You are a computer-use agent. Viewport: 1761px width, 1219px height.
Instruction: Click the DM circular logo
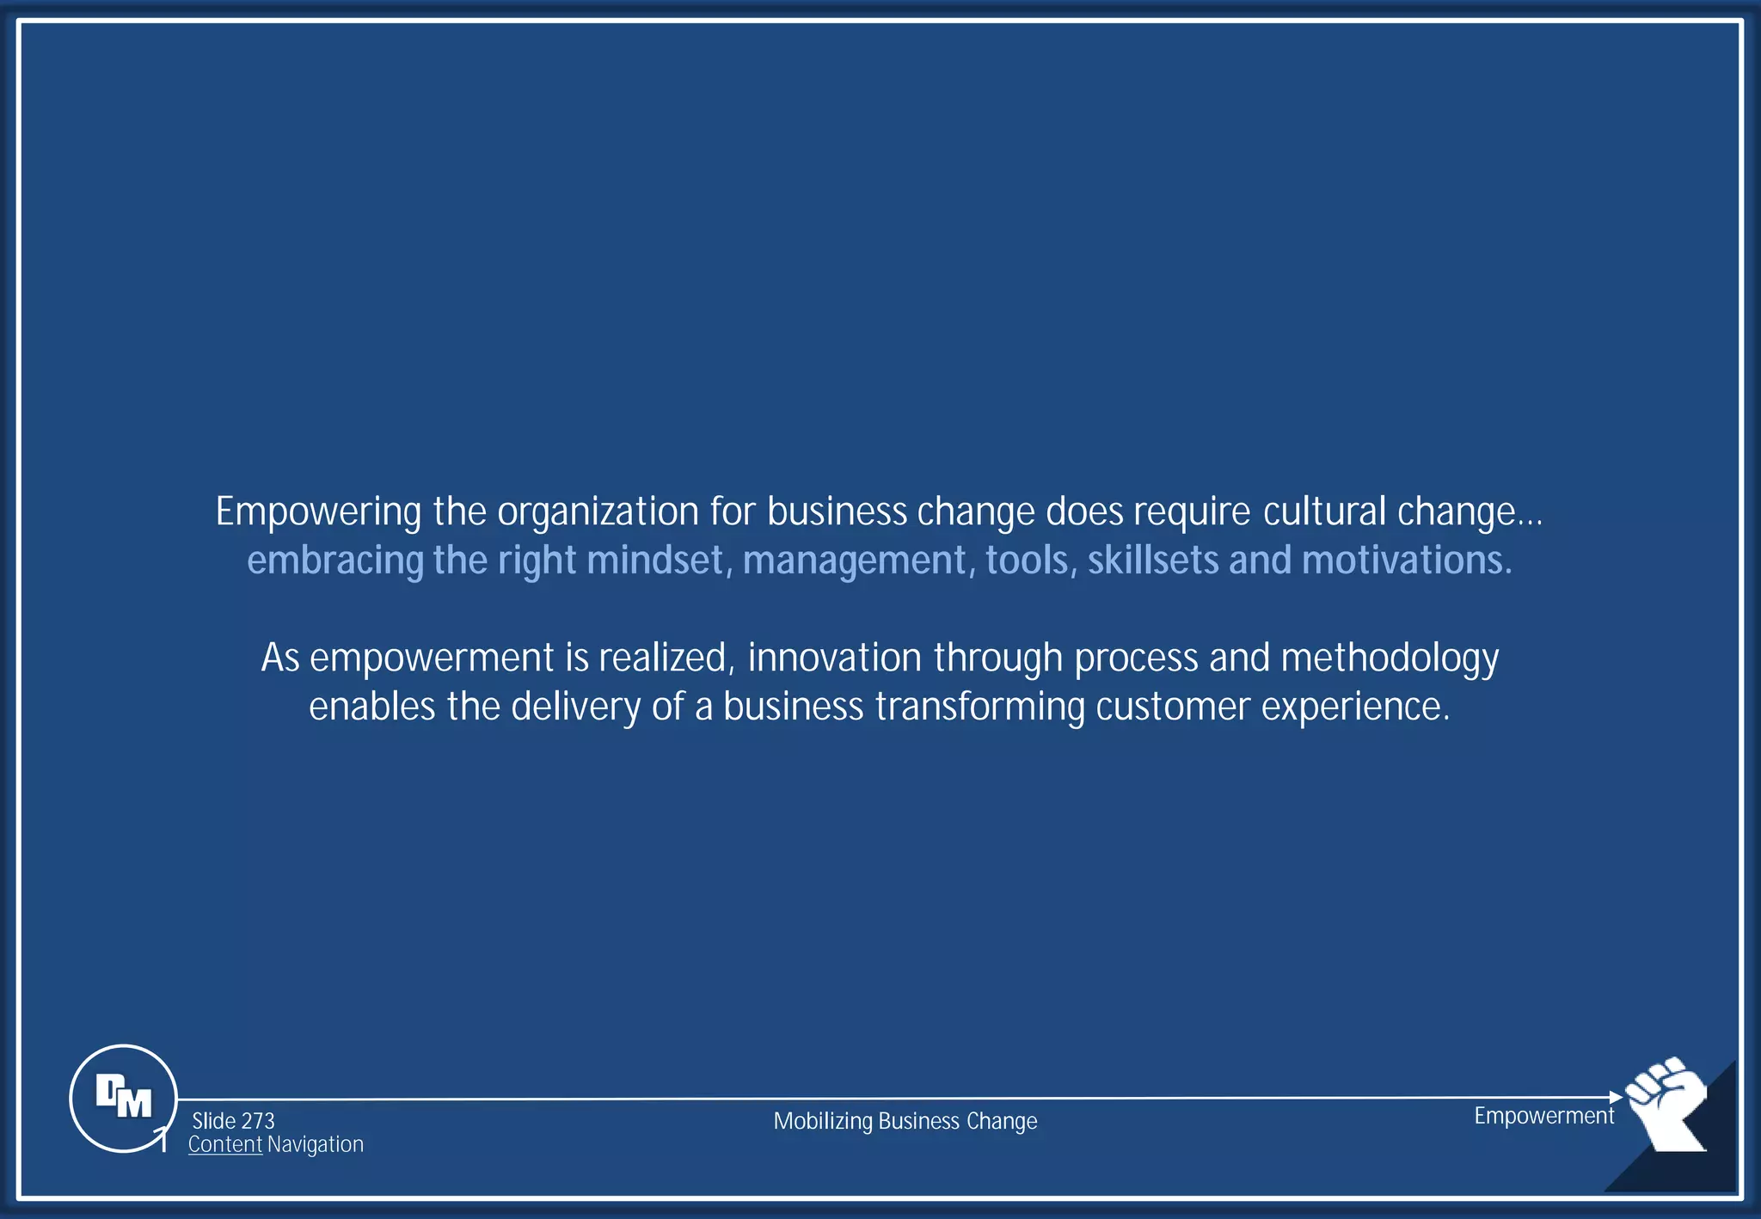(123, 1098)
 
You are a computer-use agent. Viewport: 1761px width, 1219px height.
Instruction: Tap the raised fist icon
(1666, 1103)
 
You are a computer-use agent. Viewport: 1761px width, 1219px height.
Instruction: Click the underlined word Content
(225, 1144)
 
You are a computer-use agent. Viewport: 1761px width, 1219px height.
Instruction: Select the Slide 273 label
(233, 1121)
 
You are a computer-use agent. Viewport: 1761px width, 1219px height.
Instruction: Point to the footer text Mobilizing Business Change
(905, 1121)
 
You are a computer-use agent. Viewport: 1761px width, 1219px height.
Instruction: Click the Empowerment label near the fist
(1544, 1116)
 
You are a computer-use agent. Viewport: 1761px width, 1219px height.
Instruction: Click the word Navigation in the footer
(316, 1144)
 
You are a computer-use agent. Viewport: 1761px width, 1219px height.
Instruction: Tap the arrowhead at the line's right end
(1616, 1097)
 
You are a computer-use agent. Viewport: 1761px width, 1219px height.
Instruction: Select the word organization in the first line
(598, 512)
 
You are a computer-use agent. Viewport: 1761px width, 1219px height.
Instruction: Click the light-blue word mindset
(660, 560)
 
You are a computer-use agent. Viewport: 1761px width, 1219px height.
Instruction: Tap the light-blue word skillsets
(1153, 560)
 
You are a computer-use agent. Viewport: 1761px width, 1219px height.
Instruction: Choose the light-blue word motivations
(1407, 560)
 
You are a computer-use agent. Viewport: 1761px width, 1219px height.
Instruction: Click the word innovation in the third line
(835, 658)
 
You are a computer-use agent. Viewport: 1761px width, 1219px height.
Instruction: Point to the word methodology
(1390, 659)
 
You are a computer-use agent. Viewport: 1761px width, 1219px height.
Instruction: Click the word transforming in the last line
(979, 708)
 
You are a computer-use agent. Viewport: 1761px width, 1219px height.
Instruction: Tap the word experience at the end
(1355, 708)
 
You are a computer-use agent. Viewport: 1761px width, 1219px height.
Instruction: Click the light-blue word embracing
(335, 560)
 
